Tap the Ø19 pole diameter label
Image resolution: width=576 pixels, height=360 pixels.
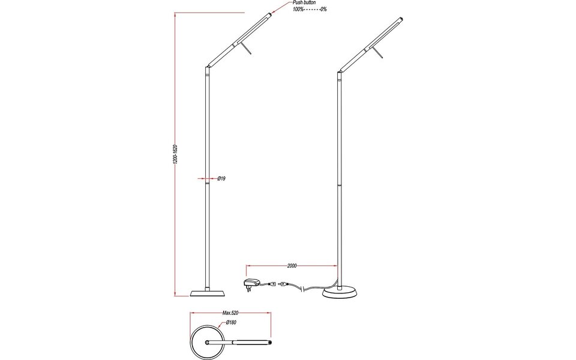click(221, 179)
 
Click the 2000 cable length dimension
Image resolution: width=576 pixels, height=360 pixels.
click(292, 265)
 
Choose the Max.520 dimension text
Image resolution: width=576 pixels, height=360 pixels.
click(231, 313)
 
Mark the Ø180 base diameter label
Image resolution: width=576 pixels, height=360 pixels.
click(232, 323)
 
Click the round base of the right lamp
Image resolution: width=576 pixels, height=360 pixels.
click(340, 292)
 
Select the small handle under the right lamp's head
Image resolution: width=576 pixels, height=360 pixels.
click(379, 55)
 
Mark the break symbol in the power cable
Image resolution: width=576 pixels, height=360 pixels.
click(304, 289)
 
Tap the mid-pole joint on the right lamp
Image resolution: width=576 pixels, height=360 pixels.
click(340, 186)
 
